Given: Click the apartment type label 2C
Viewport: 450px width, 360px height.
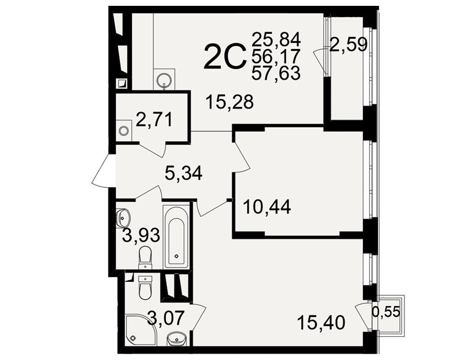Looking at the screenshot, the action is [x=225, y=57].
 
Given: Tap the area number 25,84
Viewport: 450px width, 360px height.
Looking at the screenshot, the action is [x=276, y=40].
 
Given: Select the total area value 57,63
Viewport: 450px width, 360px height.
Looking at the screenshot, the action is [x=276, y=73].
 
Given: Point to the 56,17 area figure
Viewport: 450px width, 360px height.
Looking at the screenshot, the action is [x=276, y=56].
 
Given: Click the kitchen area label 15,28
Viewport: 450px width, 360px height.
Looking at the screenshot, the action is [x=230, y=102].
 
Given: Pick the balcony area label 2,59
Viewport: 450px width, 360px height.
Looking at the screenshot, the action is [x=348, y=45].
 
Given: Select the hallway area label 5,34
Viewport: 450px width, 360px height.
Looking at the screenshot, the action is [x=184, y=173].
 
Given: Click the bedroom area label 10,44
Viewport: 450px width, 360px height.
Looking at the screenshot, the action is [x=267, y=207].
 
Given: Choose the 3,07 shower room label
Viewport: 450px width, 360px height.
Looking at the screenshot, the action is [x=165, y=318].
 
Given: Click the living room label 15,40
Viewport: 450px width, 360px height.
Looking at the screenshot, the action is [x=321, y=323].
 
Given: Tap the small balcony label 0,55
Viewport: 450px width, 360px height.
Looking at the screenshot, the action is [x=386, y=312].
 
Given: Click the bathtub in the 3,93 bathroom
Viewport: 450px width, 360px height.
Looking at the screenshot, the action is [x=176, y=237].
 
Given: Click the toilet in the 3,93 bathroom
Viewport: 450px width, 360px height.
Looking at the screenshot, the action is [x=145, y=257].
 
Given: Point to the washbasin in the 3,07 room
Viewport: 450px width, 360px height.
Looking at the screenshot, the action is [x=176, y=339].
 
